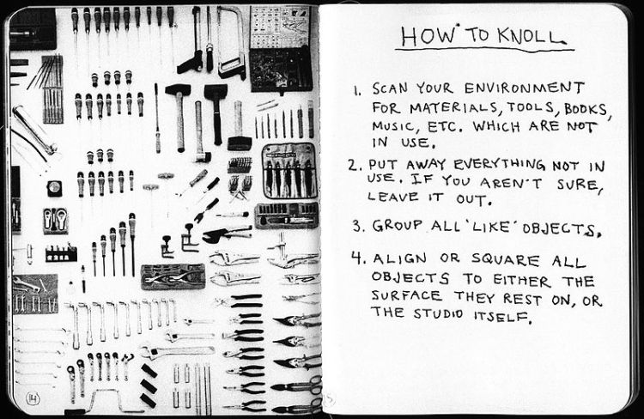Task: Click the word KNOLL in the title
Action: pos(531,35)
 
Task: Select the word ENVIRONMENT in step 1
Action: pos(524,88)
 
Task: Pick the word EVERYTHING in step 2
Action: pos(499,165)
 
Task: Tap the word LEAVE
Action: pos(392,197)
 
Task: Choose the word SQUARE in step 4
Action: pos(505,259)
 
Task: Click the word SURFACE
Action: pos(406,295)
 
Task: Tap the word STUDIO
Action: pos(438,314)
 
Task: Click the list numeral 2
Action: pos(354,165)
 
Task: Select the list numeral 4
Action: pos(356,258)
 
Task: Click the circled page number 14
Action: pos(33,398)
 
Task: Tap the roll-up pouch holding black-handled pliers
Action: pos(290,171)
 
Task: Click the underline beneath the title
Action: pos(484,50)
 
